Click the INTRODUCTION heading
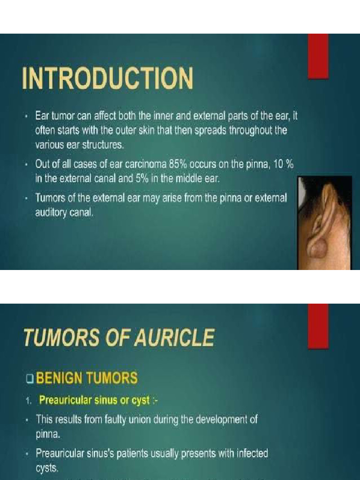(107, 79)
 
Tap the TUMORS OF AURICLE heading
(119, 337)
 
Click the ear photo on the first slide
(324, 223)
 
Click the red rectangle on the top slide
(318, 56)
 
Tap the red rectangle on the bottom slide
(318, 326)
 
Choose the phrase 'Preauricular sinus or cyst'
(94, 400)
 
